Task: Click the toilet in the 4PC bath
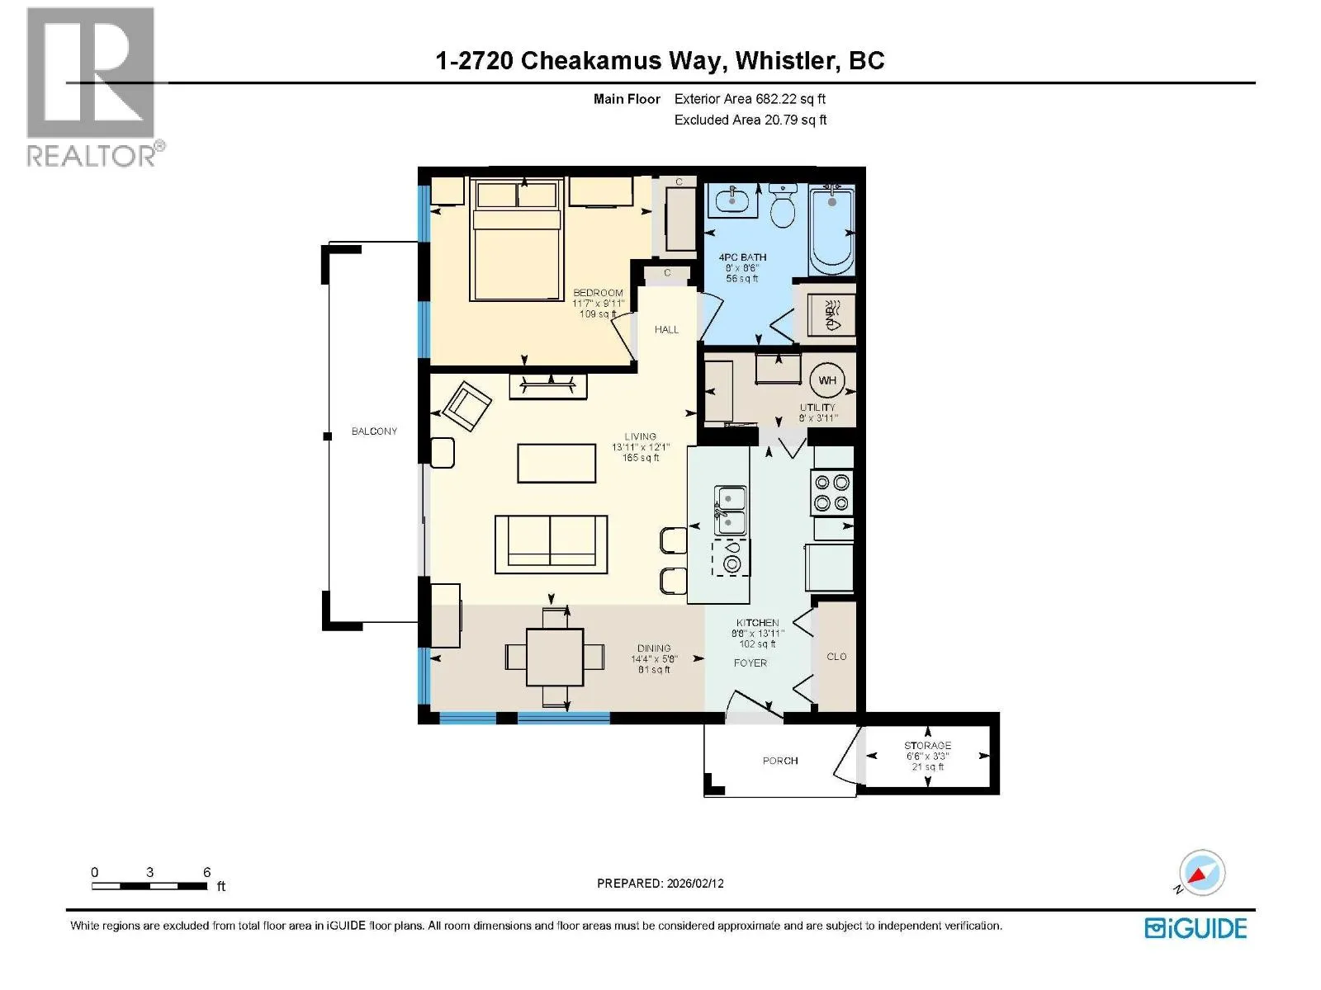[783, 205]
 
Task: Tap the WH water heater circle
[827, 380]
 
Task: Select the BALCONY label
[374, 431]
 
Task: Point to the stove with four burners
[831, 493]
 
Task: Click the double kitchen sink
[731, 511]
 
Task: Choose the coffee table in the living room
[556, 463]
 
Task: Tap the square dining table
[555, 657]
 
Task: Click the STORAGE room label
[927, 745]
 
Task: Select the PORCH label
[780, 761]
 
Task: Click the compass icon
[1201, 873]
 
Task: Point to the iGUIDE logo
[1196, 929]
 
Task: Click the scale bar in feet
[150, 886]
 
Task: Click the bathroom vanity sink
[732, 200]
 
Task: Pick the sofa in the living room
[552, 544]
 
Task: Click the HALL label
[666, 330]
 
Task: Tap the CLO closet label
[836, 657]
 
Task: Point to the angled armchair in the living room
[467, 407]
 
